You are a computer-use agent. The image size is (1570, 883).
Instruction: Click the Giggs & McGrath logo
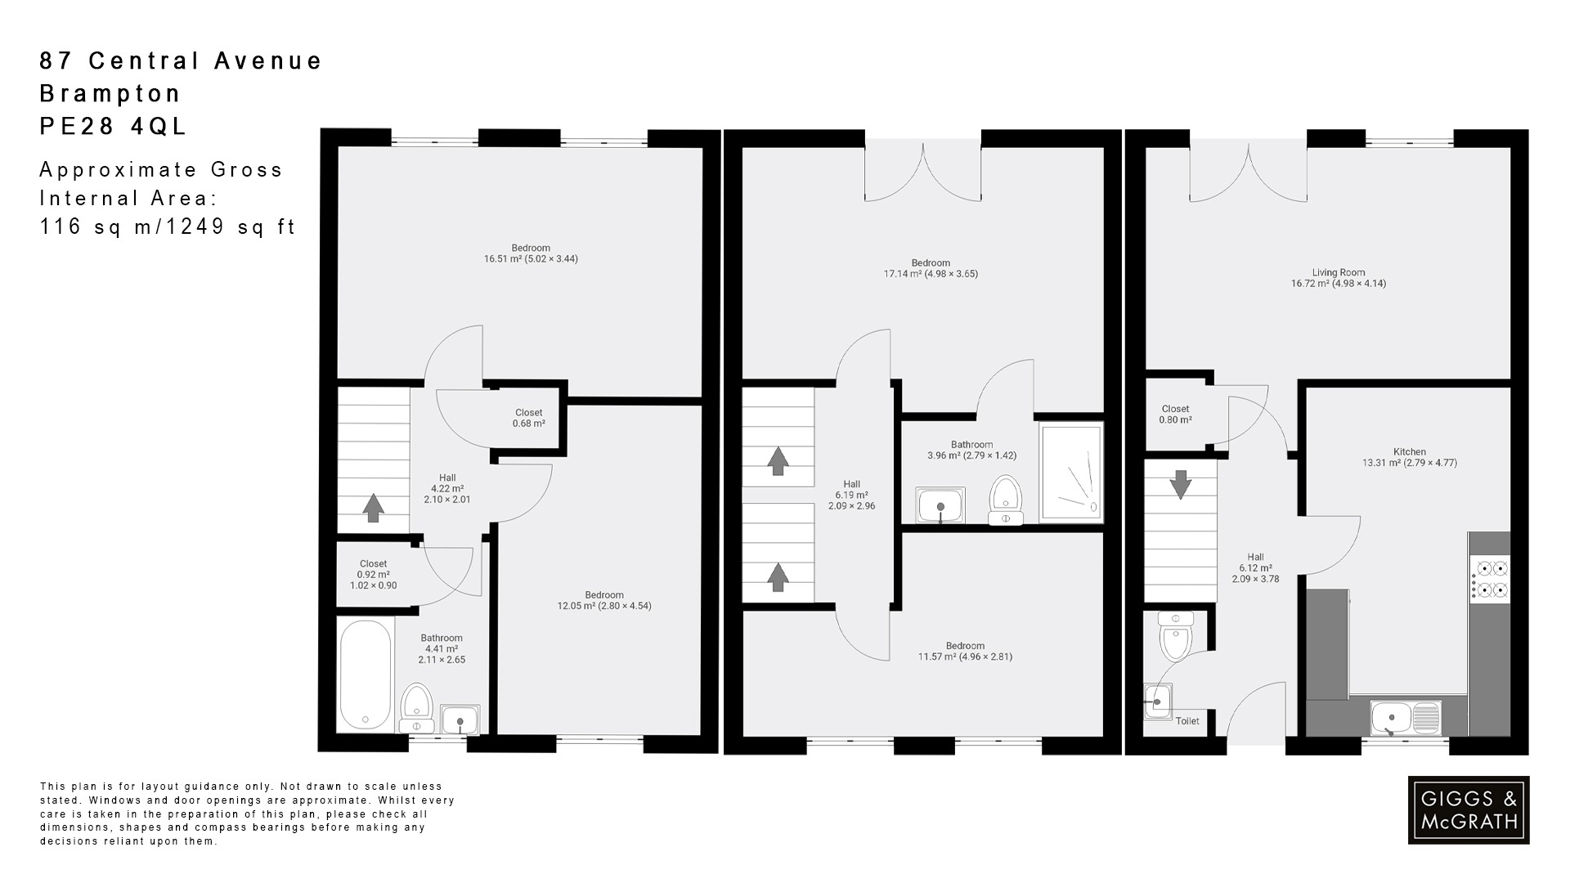tap(1468, 810)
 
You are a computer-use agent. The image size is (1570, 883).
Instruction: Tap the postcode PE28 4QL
tap(114, 127)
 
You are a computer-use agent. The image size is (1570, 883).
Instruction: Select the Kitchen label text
tap(1409, 452)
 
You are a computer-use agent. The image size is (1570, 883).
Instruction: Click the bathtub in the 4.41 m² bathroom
tap(365, 675)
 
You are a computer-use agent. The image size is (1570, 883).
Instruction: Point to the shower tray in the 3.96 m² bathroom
tap(1071, 473)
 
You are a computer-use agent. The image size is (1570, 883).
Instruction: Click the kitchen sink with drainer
tap(1406, 717)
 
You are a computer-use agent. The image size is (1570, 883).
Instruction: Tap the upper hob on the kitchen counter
tap(1490, 567)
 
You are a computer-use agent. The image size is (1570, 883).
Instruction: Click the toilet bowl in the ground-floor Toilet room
tap(1175, 641)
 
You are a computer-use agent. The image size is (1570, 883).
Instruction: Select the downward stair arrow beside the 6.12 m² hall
tap(1180, 484)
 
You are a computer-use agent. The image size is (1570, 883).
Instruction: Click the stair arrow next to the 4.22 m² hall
tap(374, 508)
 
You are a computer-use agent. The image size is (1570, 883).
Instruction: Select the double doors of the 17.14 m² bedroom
tap(923, 173)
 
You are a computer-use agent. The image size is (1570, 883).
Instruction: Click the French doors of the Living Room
tap(1248, 173)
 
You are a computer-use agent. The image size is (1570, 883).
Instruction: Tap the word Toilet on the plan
tap(1186, 721)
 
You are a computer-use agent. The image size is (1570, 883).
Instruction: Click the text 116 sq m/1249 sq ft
tap(168, 227)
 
